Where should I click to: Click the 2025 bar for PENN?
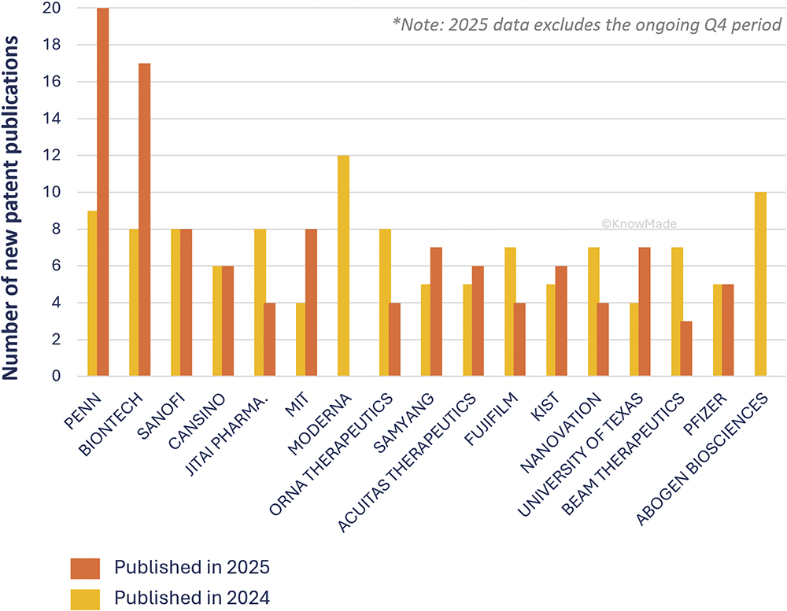click(x=103, y=193)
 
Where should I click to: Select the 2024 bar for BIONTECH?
click(x=133, y=303)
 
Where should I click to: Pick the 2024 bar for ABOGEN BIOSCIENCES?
click(x=760, y=284)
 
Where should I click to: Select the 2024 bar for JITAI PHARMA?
click(x=260, y=303)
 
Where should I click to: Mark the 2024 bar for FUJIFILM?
click(x=510, y=311)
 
